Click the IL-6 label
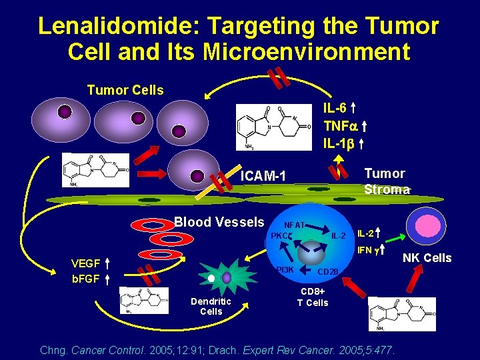[334, 108]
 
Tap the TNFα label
[341, 125]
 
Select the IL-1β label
[338, 142]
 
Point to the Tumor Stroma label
[385, 181]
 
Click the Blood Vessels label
[219, 222]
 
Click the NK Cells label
[429, 258]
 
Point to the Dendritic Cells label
[211, 306]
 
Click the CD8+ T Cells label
[313, 297]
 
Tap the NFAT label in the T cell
[294, 225]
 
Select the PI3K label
[283, 269]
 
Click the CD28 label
[327, 271]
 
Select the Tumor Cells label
[125, 90]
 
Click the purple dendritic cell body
[227, 277]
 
